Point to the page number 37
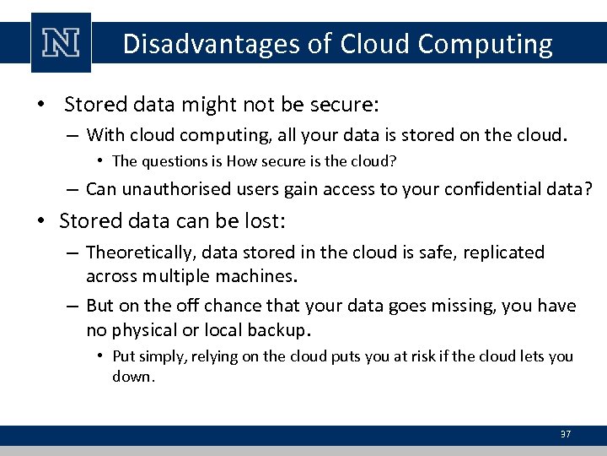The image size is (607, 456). click(x=566, y=434)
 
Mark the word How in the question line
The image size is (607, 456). click(x=239, y=160)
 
